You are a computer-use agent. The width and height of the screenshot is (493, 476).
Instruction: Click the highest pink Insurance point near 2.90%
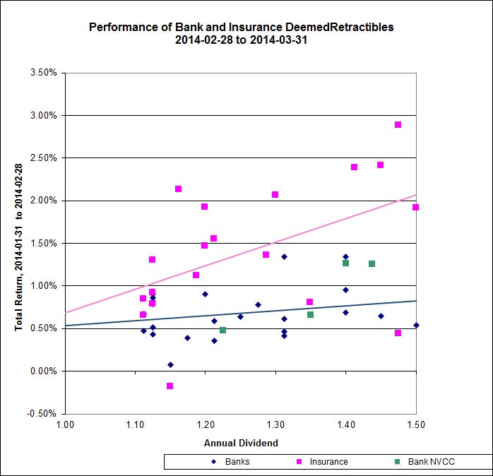click(398, 124)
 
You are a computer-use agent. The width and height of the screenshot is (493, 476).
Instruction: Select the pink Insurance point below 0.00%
click(170, 386)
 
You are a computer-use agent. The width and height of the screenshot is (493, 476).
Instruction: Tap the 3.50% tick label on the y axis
click(43, 73)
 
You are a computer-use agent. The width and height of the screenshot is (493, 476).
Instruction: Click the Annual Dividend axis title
click(241, 443)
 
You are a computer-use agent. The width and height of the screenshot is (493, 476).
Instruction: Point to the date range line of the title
click(241, 40)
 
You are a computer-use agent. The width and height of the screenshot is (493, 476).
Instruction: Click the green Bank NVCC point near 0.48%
click(222, 330)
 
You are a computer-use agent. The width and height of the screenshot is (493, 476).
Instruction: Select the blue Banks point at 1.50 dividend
click(416, 326)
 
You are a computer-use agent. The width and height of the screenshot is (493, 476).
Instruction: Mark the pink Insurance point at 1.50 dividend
click(416, 207)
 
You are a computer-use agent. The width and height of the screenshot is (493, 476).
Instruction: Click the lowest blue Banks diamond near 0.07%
click(170, 364)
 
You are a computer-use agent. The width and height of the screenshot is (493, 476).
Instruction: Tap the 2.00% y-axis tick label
click(43, 201)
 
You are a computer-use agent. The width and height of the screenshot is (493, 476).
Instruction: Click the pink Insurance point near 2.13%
click(178, 189)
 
